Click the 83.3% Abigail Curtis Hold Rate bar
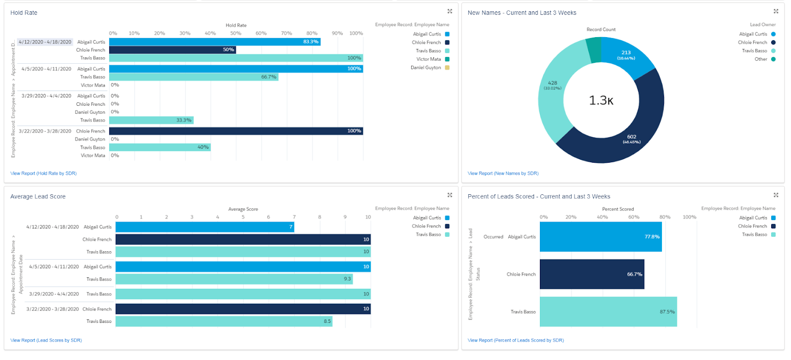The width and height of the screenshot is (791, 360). pyautogui.click(x=215, y=42)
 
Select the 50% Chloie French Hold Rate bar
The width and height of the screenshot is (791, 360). pyautogui.click(x=172, y=50)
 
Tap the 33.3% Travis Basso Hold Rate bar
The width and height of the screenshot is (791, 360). pyautogui.click(x=151, y=120)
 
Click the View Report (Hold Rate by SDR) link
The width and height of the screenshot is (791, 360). pyautogui.click(x=44, y=174)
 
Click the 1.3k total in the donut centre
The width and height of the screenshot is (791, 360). pyautogui.click(x=601, y=101)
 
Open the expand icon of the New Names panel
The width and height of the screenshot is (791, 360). pyautogui.click(x=776, y=11)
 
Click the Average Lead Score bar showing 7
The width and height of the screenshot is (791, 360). pyautogui.click(x=205, y=227)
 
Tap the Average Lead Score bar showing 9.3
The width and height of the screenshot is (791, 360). pyautogui.click(x=234, y=279)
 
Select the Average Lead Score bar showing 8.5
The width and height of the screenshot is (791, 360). pyautogui.click(x=223, y=321)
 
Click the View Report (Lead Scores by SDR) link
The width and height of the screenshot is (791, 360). pyautogui.click(x=46, y=340)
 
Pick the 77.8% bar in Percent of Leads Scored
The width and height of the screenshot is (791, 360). pyautogui.click(x=600, y=237)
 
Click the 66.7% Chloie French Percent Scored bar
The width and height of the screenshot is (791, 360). pyautogui.click(x=592, y=274)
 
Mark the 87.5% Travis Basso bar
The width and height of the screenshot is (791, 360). pyautogui.click(x=608, y=312)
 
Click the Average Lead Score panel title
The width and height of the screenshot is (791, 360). pyautogui.click(x=38, y=197)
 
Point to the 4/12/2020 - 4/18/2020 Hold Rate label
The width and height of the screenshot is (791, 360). pyautogui.click(x=45, y=42)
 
